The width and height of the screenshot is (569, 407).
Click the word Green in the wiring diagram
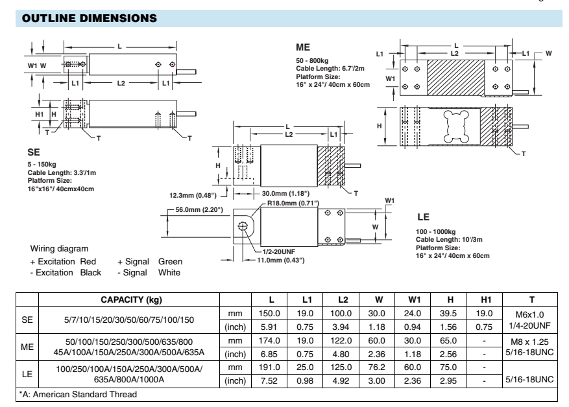pyautogui.click(x=170, y=262)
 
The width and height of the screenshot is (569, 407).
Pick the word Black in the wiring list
pyautogui.click(x=90, y=272)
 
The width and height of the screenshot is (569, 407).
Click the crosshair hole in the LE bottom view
pyautogui.click(x=242, y=226)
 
